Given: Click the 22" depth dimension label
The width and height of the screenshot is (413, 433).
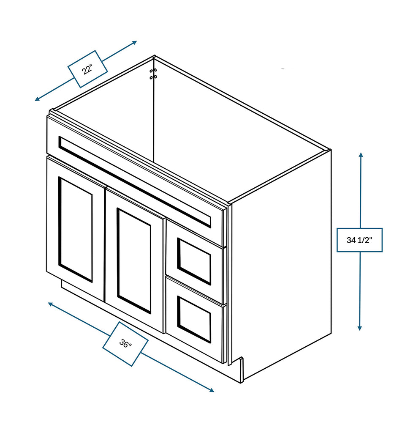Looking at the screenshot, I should (x=87, y=69).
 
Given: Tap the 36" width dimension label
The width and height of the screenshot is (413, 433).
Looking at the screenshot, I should (x=125, y=343).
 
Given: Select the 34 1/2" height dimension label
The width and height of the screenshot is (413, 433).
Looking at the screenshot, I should (x=359, y=240).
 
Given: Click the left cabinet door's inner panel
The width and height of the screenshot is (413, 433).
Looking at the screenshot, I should (x=75, y=229).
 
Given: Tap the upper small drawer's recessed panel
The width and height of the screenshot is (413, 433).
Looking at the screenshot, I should (x=194, y=261).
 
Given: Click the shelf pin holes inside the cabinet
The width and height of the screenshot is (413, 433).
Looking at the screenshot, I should (x=153, y=74).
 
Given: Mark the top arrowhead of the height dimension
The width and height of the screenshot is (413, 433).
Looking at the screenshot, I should (x=361, y=154).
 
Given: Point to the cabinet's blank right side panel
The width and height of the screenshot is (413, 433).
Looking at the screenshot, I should (x=281, y=271).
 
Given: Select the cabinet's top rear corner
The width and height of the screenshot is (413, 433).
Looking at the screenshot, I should (x=155, y=56).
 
